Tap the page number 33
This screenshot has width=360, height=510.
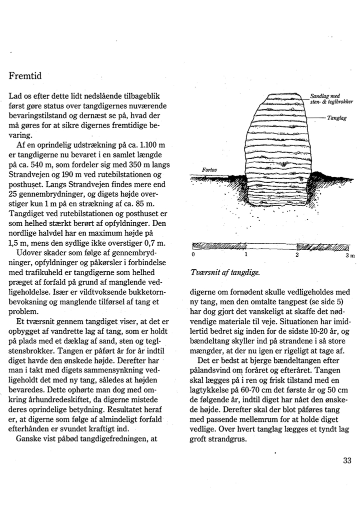(x=348, y=461)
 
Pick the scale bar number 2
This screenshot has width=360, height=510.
(x=297, y=256)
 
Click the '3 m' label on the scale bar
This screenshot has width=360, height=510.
(x=349, y=256)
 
